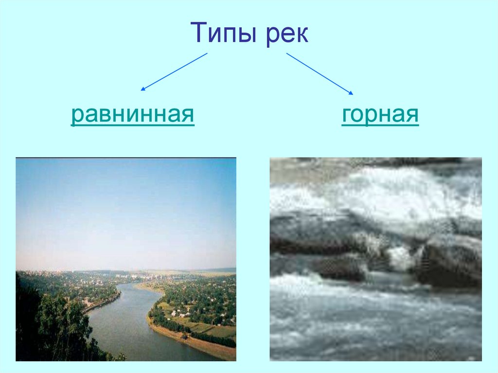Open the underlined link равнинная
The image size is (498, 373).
133,116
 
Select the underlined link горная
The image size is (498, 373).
380,116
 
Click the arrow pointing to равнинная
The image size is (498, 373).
174,72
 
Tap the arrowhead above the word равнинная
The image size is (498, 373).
143,89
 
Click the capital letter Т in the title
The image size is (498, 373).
199,33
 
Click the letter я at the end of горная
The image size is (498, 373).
412,117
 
